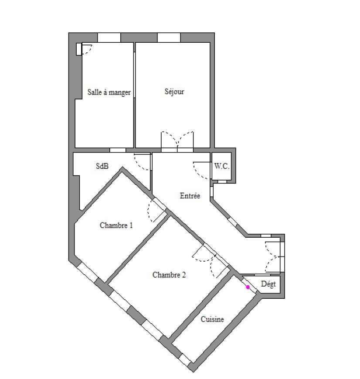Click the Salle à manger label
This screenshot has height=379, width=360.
[109, 92]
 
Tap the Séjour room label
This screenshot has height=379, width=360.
[174, 92]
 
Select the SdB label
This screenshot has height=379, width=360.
[102, 166]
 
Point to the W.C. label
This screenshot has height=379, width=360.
[221, 166]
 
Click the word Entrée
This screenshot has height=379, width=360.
[190, 195]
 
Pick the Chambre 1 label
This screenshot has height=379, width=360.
[116, 225]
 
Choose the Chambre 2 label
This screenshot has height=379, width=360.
[169, 275]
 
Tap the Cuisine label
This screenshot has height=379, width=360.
[212, 319]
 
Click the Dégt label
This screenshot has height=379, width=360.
[268, 284]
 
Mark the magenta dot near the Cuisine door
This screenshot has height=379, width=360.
[248, 287]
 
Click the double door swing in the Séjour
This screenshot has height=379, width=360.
[177, 140]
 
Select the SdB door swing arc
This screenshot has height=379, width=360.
[142, 162]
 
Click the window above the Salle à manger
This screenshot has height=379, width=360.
[109, 38]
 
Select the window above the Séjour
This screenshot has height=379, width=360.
[169, 38]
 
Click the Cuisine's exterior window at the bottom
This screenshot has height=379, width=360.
[185, 360]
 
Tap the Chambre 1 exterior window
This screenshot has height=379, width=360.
[88, 273]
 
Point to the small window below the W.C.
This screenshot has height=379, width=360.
[222, 181]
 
